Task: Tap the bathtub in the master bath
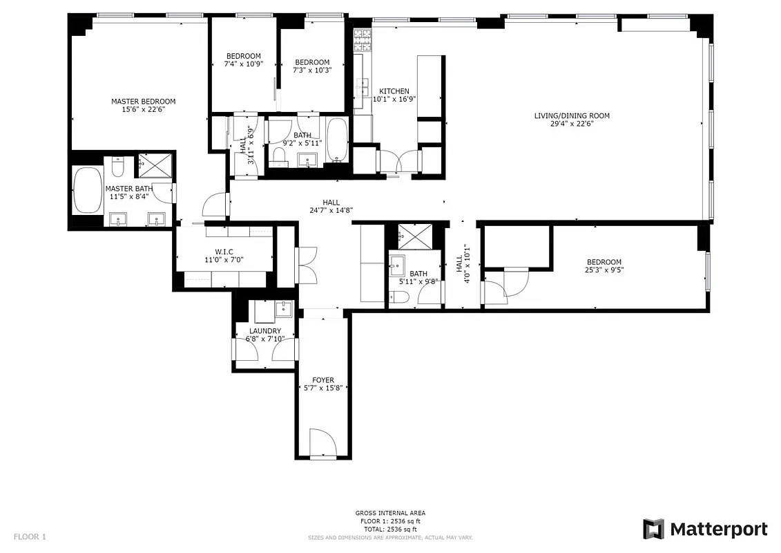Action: pos(87,190)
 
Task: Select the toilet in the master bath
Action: pos(118,167)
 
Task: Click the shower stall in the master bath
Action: pos(155,165)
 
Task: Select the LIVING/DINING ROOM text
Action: pos(571,115)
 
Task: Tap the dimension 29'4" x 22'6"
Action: pos(571,124)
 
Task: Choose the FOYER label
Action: pos(322,380)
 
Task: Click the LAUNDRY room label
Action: pos(264,331)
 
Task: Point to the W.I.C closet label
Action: pos(224,251)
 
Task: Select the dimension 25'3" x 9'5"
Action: pos(604,270)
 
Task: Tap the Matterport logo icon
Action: pos(653,529)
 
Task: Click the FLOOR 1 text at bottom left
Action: pos(30,536)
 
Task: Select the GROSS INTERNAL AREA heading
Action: pos(390,513)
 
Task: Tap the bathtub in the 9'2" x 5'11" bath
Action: pos(337,140)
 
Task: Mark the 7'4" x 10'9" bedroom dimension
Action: pos(243,64)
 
